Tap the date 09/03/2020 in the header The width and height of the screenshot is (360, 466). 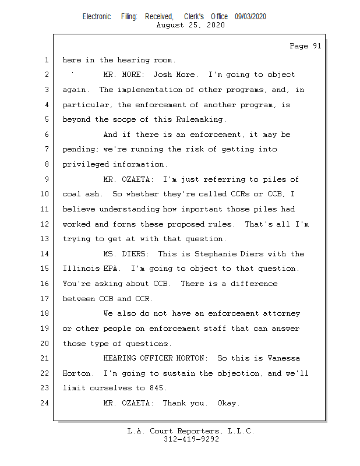tap(250, 17)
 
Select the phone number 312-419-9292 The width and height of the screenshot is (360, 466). tap(191, 439)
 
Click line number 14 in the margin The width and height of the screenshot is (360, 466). tap(46, 254)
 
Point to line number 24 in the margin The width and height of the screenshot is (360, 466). tap(46, 403)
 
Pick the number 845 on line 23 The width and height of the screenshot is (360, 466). tap(157, 388)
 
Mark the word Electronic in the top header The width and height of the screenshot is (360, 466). tap(97, 17)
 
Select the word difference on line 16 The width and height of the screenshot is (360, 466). tap(255, 284)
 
